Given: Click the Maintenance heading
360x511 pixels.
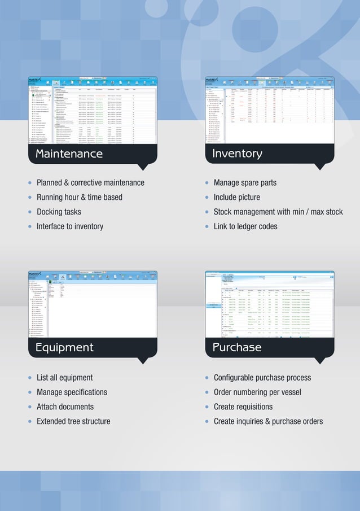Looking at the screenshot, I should pos(69,154).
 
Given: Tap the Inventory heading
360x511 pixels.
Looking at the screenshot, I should pos(237,154).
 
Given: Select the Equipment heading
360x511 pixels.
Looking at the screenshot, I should pos(64,347).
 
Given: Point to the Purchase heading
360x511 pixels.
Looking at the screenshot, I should pos(237,347).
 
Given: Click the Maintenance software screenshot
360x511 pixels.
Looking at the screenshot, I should pos(93,110).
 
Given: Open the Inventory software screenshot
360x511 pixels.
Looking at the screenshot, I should pos(269,110).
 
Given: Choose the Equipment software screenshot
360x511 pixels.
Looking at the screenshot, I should pos(93,304).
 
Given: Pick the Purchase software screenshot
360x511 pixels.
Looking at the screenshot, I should pos(269,304).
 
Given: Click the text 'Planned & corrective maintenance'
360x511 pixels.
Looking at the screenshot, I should pos(90,183).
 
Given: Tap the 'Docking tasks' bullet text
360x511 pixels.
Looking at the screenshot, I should pos(59,212).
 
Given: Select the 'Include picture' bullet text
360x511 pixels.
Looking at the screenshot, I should pos(236,197).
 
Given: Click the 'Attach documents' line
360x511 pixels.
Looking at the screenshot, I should pos(65,407).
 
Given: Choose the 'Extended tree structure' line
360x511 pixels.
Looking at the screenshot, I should pos(73,421).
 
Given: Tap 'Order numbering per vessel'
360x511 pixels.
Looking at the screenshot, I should pos(257,392).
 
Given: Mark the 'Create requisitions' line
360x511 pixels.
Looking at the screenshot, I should pos(243,407).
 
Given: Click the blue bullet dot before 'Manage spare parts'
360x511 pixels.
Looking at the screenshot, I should pos(208,183).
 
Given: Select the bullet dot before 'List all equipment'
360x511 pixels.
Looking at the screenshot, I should pos(30,378).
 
